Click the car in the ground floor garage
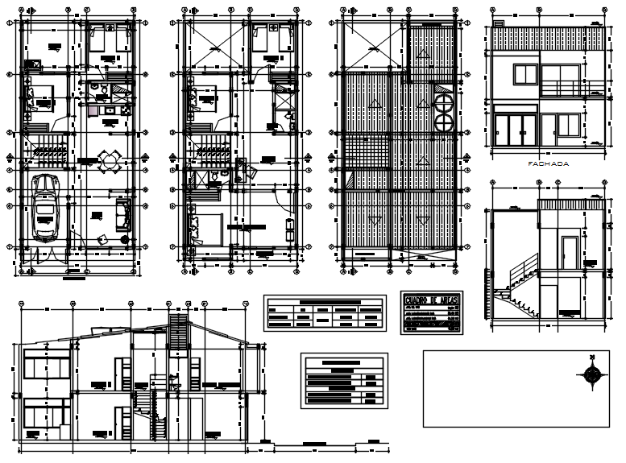(x=46, y=209)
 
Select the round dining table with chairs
(x=109, y=161)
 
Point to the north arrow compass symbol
(x=593, y=374)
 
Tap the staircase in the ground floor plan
(x=49, y=151)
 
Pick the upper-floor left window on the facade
(x=526, y=75)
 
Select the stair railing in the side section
(x=520, y=274)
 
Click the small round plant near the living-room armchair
(x=124, y=240)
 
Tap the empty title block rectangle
(x=516, y=388)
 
